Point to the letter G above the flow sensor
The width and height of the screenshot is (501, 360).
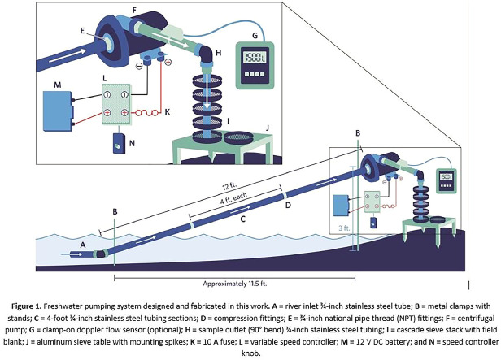[x=258, y=36]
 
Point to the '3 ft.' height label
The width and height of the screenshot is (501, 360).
[x=342, y=228]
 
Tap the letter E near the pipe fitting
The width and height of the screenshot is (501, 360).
[x=82, y=27]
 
